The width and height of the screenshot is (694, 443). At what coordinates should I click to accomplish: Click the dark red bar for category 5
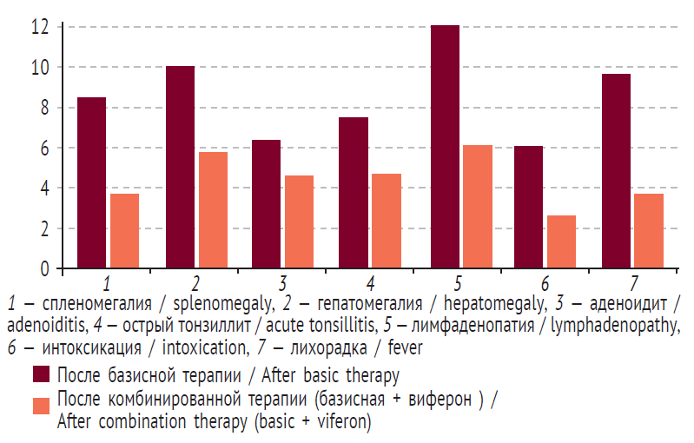click(x=445, y=148)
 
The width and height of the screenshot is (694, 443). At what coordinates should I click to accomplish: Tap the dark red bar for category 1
click(x=91, y=183)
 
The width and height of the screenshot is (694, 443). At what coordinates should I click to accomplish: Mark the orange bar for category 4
click(x=387, y=221)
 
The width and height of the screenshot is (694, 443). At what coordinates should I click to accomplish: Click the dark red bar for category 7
click(x=616, y=171)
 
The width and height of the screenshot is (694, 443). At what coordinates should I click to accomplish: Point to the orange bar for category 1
click(x=124, y=231)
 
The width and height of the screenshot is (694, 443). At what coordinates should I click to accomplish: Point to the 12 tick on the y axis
click(x=39, y=26)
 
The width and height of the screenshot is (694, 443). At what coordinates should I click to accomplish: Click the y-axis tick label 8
click(x=43, y=108)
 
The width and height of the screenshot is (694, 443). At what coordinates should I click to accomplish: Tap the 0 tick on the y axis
click(x=43, y=269)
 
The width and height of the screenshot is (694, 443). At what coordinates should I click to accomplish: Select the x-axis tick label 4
click(x=370, y=284)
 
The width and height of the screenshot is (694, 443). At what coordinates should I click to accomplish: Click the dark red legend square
click(x=40, y=375)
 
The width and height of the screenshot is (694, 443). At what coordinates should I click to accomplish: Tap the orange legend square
click(x=40, y=406)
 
